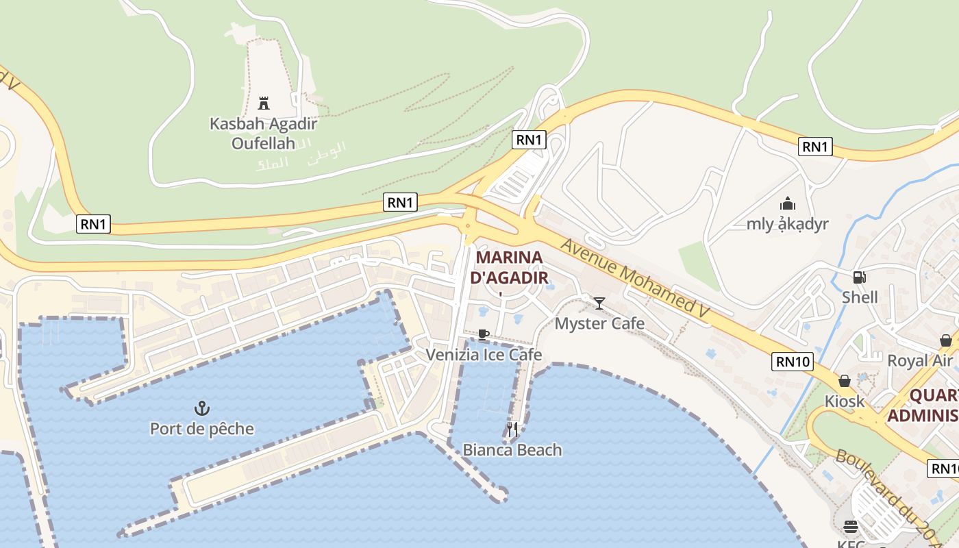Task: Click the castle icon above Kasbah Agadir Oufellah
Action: tap(263, 103)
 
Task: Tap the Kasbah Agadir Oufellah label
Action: tap(263, 134)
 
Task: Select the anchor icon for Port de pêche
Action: tap(201, 409)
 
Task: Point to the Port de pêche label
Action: tap(201, 429)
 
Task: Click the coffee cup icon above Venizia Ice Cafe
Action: tap(484, 335)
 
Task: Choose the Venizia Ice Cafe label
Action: tap(484, 355)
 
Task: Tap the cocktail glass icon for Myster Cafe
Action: tap(599, 303)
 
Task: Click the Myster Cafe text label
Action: tap(599, 323)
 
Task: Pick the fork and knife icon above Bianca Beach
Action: tap(512, 429)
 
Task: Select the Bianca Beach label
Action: tap(512, 450)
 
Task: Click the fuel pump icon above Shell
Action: tap(858, 277)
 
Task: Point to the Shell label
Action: tap(860, 297)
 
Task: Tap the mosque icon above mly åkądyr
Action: tap(788, 203)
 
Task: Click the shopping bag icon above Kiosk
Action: tap(845, 381)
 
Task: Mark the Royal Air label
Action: tap(919, 360)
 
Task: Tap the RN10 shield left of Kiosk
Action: tap(793, 362)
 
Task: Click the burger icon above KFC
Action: tap(851, 527)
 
